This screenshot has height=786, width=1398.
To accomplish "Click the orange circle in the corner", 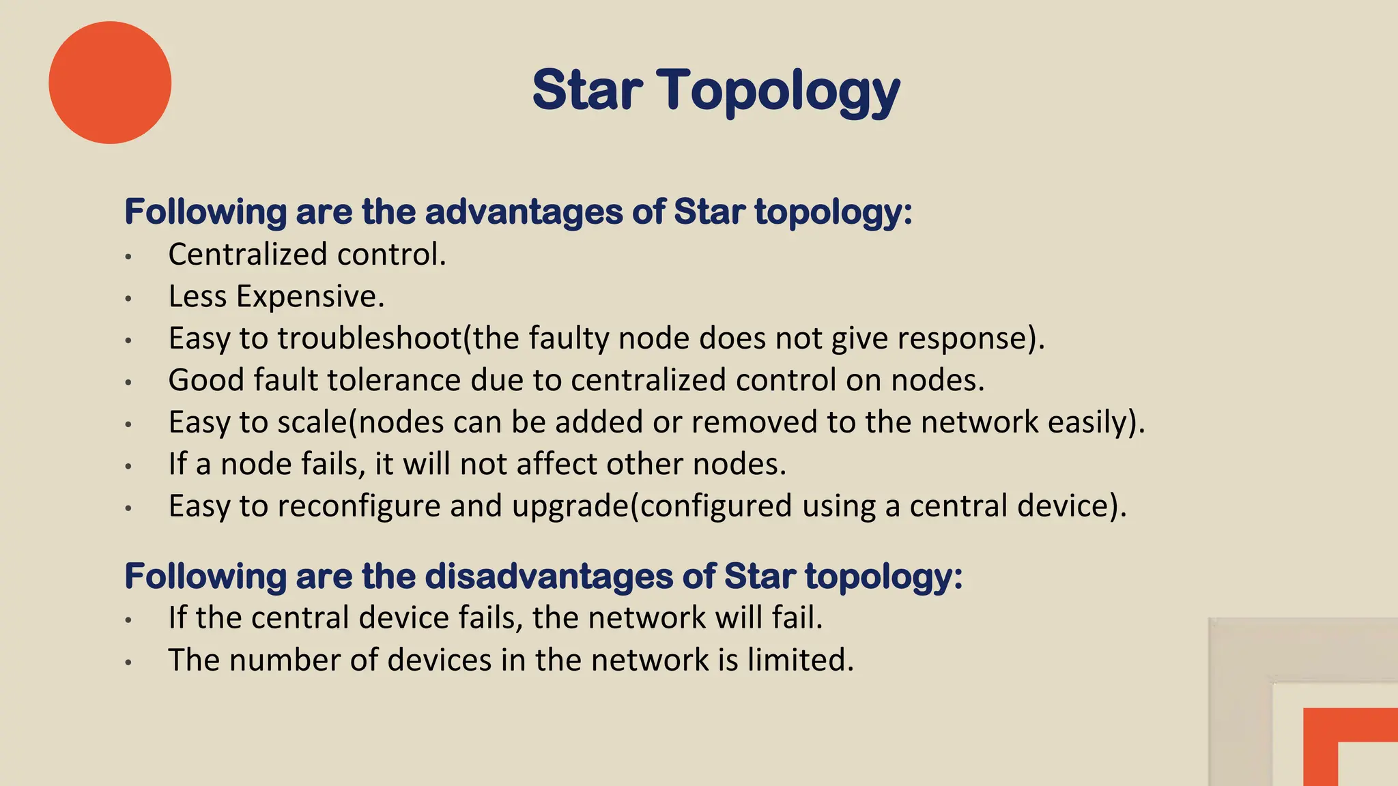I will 110,83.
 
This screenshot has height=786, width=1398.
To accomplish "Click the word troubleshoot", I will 369,338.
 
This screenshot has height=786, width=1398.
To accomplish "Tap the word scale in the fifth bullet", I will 313,422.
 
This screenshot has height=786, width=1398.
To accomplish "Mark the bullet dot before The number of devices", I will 128,662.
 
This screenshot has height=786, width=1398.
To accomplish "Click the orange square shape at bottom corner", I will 1349,747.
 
